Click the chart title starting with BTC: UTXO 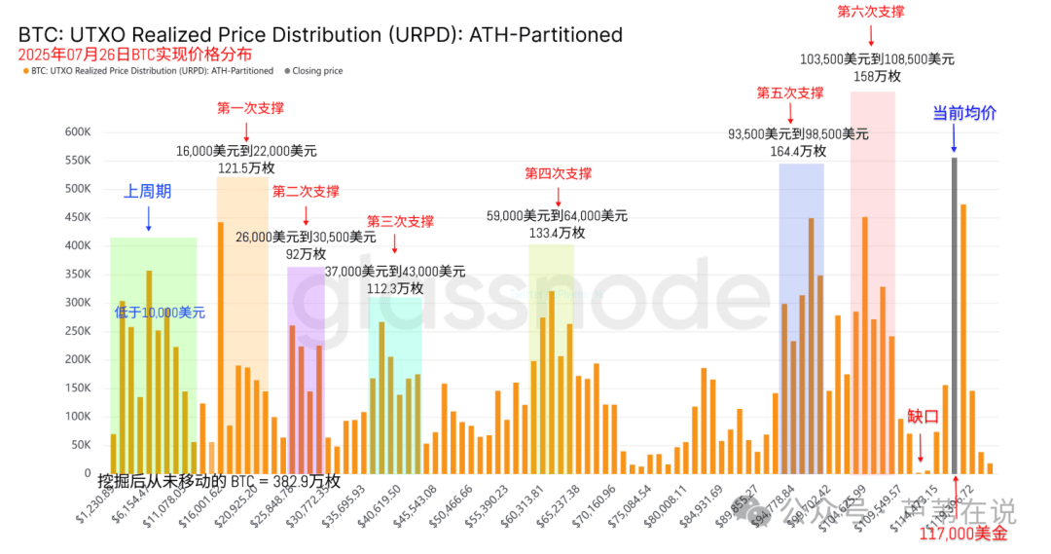point(320,35)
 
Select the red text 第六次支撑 point(870,12)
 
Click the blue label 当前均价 point(964,113)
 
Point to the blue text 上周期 point(147,192)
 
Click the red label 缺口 point(923,417)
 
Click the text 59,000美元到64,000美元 point(558,215)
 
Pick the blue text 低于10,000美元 point(160,313)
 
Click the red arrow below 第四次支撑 point(558,195)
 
